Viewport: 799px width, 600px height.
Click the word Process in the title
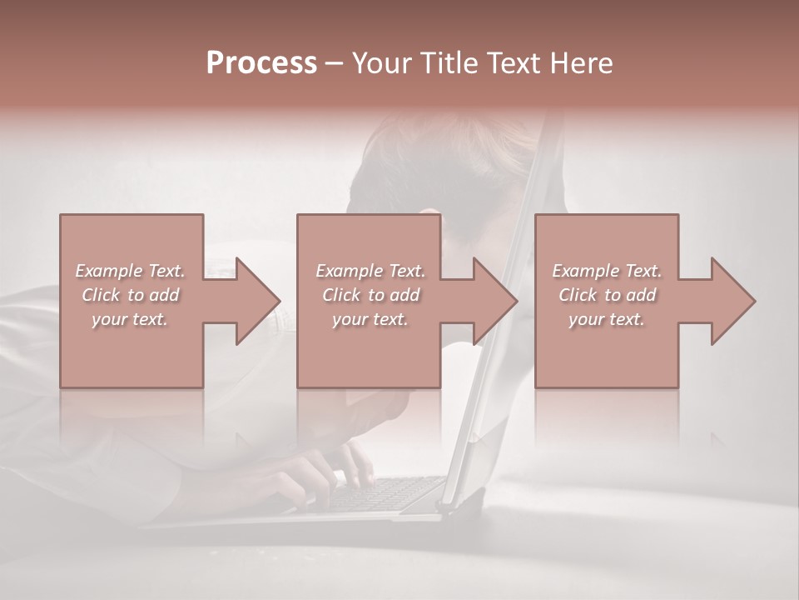[261, 63]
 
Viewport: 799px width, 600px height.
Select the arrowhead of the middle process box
[489, 301]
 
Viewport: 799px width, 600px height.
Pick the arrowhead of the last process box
[727, 301]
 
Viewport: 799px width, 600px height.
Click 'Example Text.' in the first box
[131, 271]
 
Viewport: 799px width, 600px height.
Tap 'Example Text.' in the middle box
[370, 271]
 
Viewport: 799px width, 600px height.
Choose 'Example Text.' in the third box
[607, 271]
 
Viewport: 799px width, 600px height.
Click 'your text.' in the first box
[130, 319]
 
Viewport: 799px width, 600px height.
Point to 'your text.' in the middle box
[370, 319]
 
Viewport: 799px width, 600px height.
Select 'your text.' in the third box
[607, 319]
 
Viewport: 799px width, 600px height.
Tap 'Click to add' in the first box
[131, 295]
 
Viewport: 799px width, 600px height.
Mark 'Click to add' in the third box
[607, 295]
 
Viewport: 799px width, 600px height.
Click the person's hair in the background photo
[433, 158]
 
